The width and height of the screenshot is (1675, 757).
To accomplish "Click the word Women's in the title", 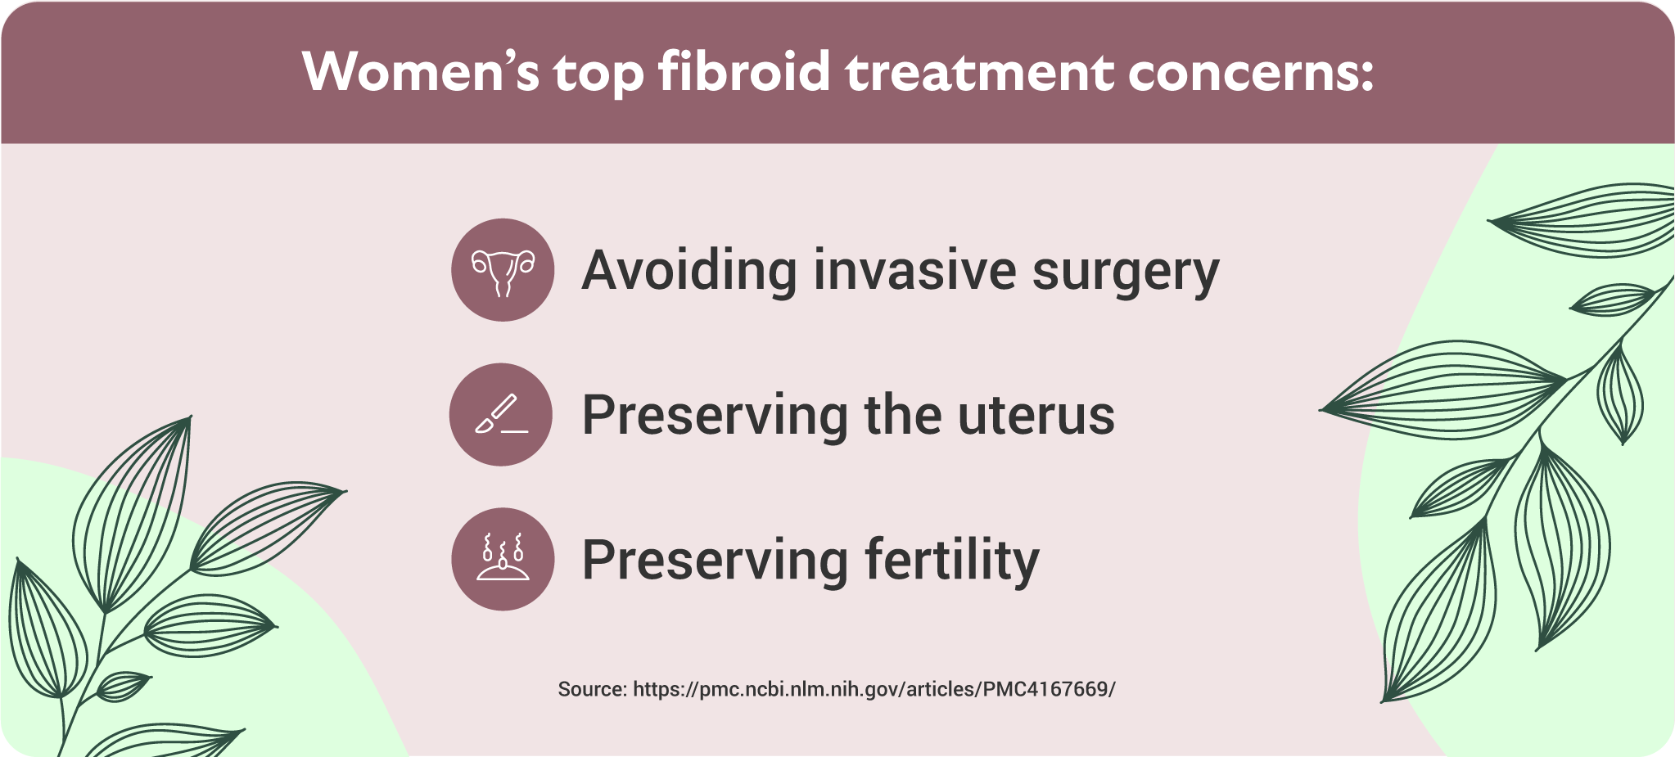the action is pyautogui.click(x=421, y=72).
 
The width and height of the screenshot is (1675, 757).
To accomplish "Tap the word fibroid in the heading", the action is pyautogui.click(x=745, y=71).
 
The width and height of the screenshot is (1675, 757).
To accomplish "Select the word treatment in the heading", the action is pyautogui.click(x=980, y=72).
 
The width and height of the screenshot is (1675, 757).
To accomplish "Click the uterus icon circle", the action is pyautogui.click(x=503, y=269).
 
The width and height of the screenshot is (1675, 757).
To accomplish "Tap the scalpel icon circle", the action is pyautogui.click(x=501, y=414).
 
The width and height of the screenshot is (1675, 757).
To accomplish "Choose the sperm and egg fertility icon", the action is pyautogui.click(x=503, y=559).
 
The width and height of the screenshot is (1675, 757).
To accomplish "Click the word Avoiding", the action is pyautogui.click(x=689, y=270).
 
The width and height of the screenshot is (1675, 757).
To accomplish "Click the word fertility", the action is pyautogui.click(x=952, y=561).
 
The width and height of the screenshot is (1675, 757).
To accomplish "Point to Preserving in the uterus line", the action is pyautogui.click(x=716, y=416).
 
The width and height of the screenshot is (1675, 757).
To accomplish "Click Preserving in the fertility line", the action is pyautogui.click(x=716, y=561).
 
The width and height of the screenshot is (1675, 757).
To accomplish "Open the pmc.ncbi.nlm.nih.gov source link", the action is pyautogui.click(x=874, y=689).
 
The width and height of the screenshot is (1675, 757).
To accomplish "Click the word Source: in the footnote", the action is pyautogui.click(x=593, y=689).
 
